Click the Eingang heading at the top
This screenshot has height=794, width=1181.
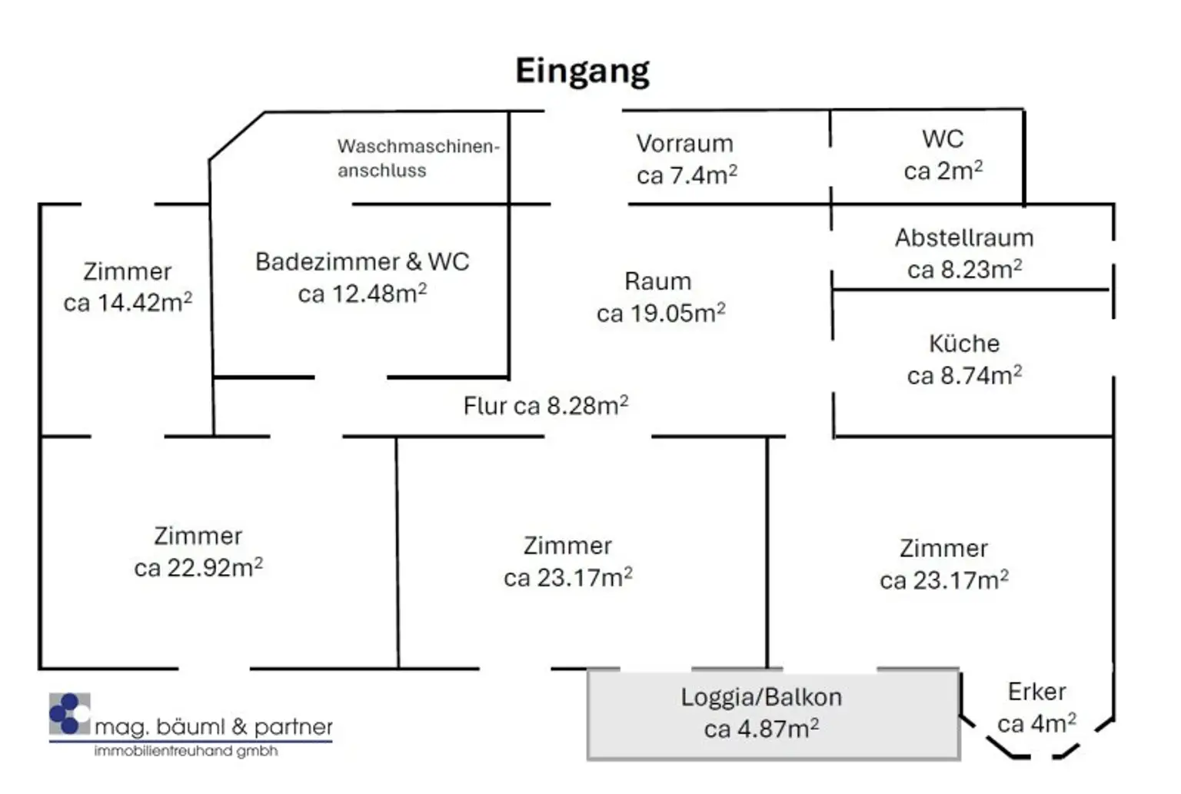click(x=582, y=71)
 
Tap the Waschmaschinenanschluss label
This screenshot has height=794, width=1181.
click(x=418, y=158)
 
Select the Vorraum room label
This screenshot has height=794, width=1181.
click(x=684, y=144)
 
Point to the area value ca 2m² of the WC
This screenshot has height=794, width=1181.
click(x=943, y=171)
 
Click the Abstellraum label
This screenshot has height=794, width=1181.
click(x=963, y=238)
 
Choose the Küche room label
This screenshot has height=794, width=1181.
click(x=963, y=344)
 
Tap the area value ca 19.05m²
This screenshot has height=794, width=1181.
click(x=660, y=313)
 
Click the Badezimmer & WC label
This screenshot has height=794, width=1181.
click(x=362, y=262)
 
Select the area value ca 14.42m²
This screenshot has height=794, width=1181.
click(x=128, y=303)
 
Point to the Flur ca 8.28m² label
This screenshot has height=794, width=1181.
click(x=545, y=406)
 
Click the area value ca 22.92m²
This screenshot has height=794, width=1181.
click(x=198, y=568)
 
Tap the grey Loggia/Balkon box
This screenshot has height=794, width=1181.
click(x=773, y=715)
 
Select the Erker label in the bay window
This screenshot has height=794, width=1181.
click(x=1036, y=692)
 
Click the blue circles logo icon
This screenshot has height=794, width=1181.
click(x=68, y=714)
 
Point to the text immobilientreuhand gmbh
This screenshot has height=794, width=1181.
click(x=185, y=751)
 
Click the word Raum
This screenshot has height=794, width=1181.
click(x=657, y=281)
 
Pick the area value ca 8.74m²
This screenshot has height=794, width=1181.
click(x=964, y=376)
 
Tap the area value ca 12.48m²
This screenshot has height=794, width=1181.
click(x=362, y=294)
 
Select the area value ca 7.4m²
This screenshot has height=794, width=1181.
click(x=687, y=175)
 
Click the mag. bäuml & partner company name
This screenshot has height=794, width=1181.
click(x=214, y=726)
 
